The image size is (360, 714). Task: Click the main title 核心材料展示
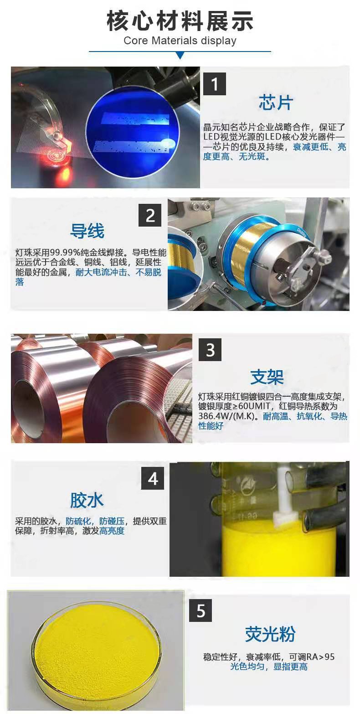point(180,21)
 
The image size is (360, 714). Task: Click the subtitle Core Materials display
point(180,41)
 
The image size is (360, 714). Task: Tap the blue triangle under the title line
point(180,56)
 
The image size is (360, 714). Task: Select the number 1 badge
point(215,84)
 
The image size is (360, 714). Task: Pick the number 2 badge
point(150,216)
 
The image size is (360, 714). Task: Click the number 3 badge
point(210,350)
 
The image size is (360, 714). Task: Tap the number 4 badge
point(153,478)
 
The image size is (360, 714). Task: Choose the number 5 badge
point(201,611)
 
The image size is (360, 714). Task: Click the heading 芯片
point(276,103)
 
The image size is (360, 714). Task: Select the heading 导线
point(87,231)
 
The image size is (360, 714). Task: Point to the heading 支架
point(267,377)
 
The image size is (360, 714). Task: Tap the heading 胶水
point(87,500)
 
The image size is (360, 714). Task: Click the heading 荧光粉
point(270,634)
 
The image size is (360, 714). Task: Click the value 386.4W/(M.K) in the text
point(228,416)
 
